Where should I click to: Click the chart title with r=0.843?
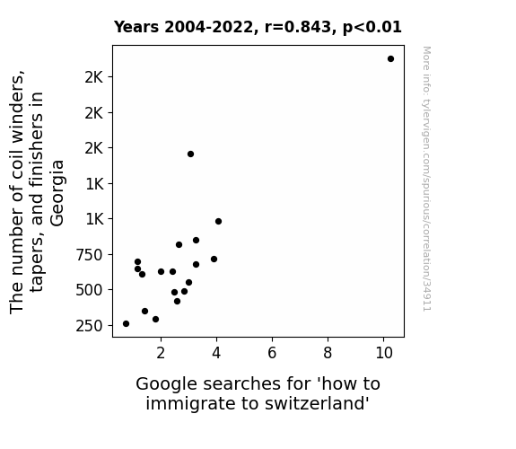[258, 27]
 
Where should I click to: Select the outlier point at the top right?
[390, 59]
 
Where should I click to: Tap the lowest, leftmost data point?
[126, 324]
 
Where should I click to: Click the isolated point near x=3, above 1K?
[190, 154]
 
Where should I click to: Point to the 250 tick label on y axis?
[90, 326]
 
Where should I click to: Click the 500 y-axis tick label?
[90, 291]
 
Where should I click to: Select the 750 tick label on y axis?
[90, 255]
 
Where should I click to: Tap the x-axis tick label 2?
[161, 353]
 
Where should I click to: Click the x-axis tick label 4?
[216, 353]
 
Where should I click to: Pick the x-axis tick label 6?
[272, 353]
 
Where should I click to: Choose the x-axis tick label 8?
[328, 353]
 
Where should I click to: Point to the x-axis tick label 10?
[384, 353]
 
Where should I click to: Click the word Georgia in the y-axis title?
[57, 193]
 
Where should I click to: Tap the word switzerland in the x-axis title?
[317, 403]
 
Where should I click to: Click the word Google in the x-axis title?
[167, 384]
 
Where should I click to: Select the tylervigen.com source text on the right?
[427, 179]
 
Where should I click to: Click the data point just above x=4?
[218, 222]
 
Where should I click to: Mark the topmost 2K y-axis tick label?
[94, 77]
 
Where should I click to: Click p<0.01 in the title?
[372, 27]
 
